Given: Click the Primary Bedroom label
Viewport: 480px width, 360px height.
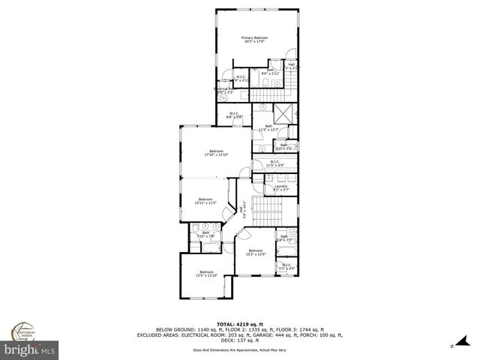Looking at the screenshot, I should pos(255,39).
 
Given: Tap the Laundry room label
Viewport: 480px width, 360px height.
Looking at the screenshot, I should pos(280,187).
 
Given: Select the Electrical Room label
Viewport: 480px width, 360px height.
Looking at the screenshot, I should pos(224,91).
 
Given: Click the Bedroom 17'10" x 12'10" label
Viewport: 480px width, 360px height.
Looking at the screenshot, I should pos(216,153).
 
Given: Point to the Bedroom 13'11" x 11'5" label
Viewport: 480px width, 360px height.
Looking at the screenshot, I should pos(205,200).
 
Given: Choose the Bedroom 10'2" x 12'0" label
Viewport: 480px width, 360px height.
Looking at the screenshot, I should pos(255,253).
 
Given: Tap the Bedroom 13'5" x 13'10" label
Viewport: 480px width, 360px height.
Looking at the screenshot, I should pos(206,274).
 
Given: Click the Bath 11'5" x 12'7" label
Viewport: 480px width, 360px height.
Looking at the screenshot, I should pos(268,128).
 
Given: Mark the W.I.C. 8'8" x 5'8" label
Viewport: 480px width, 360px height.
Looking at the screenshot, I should pos(234,116).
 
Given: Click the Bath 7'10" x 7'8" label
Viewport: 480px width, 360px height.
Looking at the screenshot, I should pos(205,234).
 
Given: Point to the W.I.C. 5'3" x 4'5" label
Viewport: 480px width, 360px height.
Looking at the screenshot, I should pos(286,265).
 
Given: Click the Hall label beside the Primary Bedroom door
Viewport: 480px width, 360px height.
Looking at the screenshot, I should pos(292,65).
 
